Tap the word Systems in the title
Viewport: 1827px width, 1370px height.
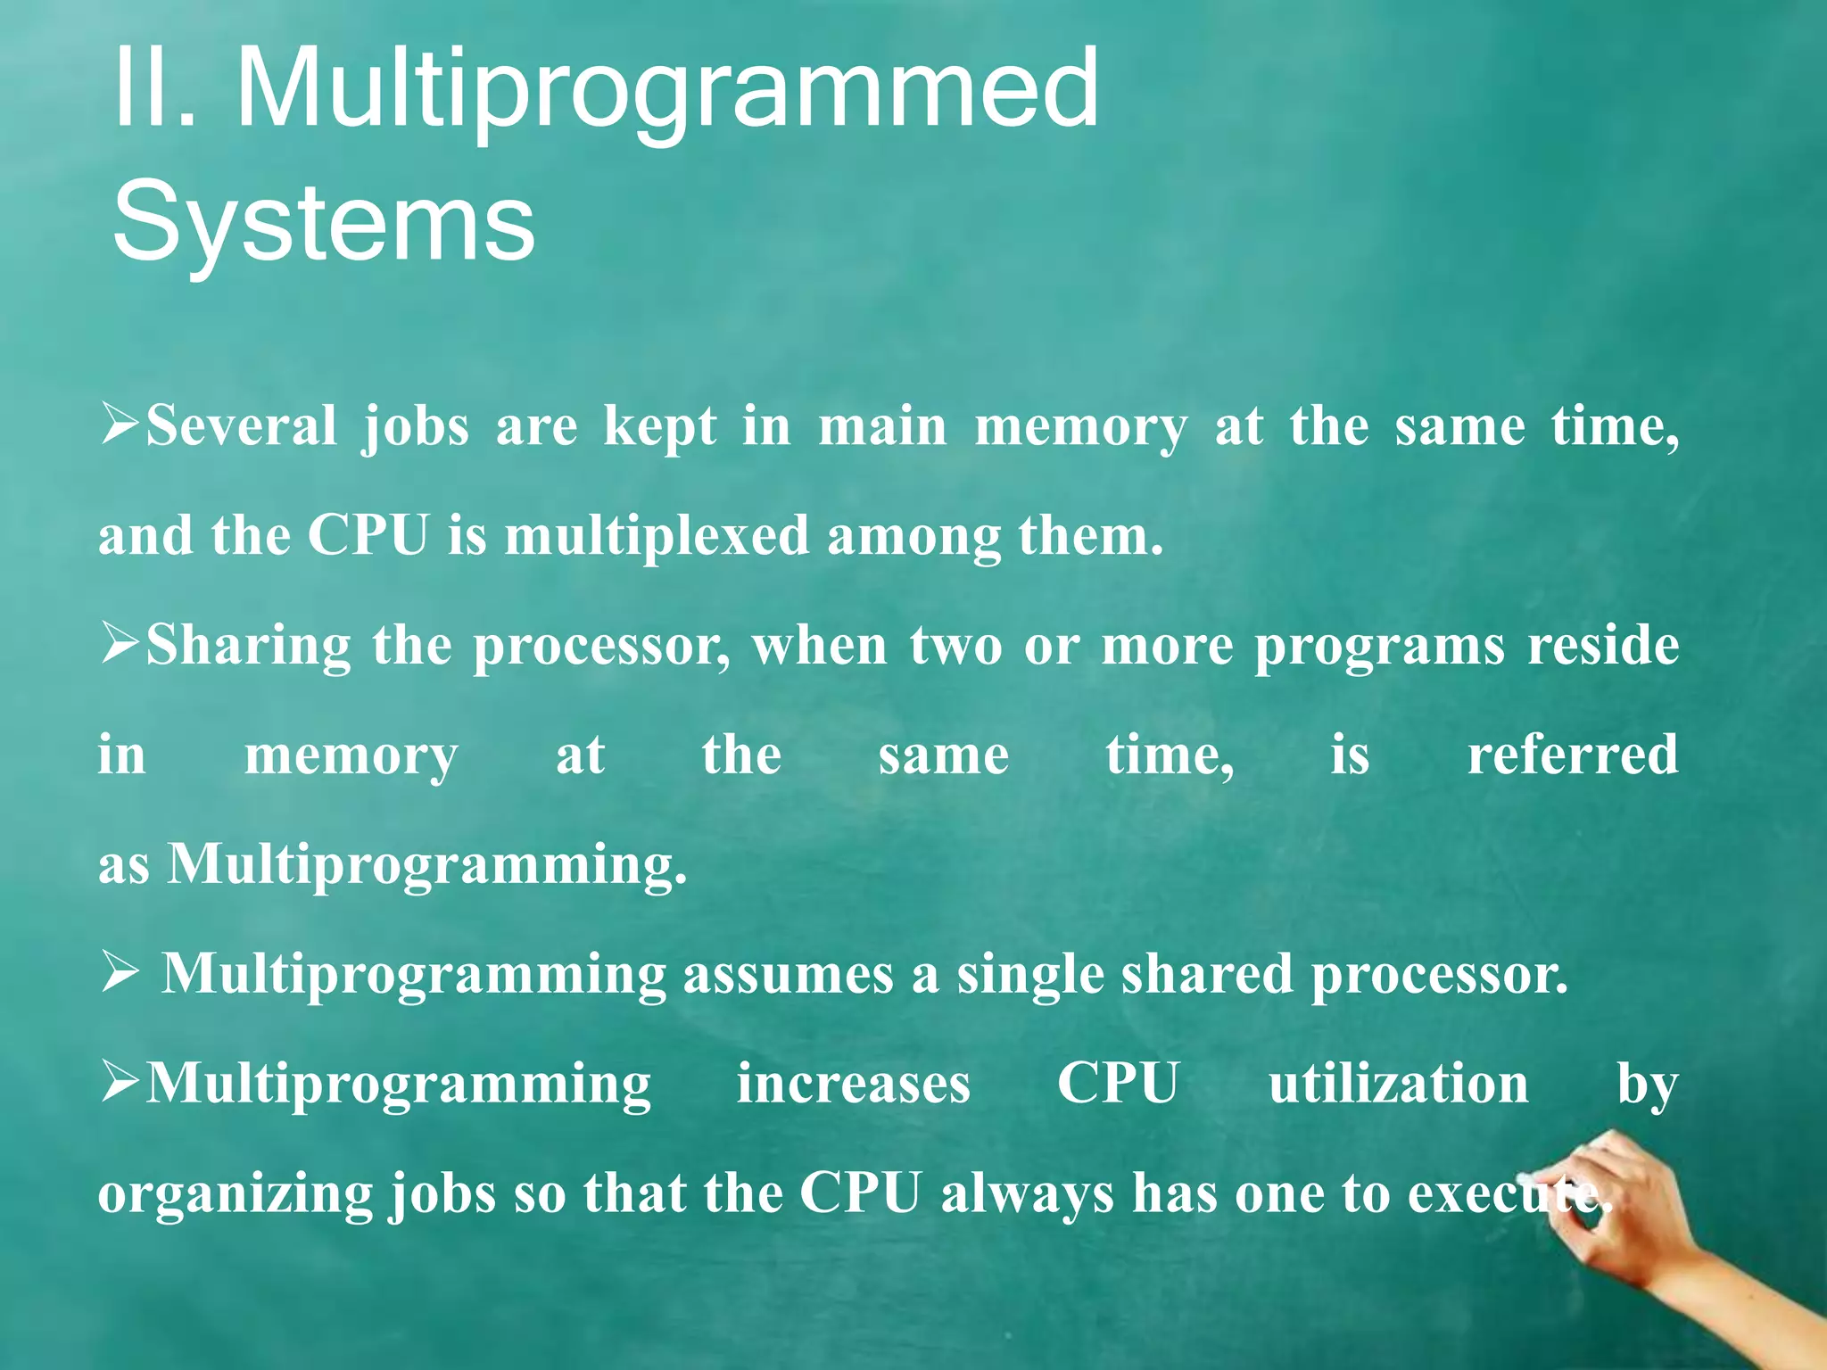(x=323, y=221)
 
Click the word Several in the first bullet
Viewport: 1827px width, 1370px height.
(x=241, y=425)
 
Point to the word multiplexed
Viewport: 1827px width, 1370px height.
(x=657, y=536)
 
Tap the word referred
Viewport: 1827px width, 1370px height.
(x=1573, y=755)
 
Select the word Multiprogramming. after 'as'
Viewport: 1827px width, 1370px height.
(x=428, y=865)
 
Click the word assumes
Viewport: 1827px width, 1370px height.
(x=788, y=974)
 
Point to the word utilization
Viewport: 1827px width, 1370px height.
(x=1399, y=1084)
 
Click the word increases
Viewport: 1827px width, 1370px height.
(x=853, y=1084)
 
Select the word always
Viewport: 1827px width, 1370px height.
(x=1027, y=1193)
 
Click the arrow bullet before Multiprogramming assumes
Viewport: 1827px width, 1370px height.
(x=120, y=972)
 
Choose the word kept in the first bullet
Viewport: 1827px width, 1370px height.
(x=659, y=425)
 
